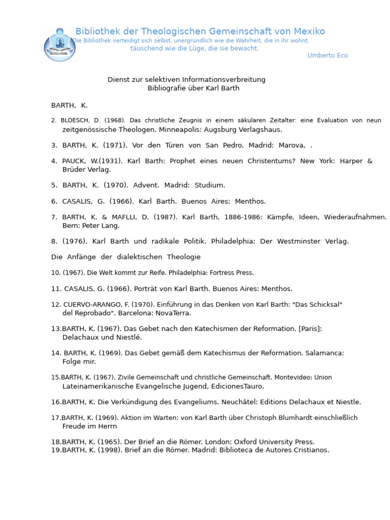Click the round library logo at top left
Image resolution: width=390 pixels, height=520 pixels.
click(x=60, y=45)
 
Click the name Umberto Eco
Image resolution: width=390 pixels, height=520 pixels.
click(x=328, y=55)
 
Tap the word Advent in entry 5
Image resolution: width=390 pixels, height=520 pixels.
click(x=145, y=185)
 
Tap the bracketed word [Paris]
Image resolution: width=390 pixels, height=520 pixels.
click(x=310, y=329)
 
